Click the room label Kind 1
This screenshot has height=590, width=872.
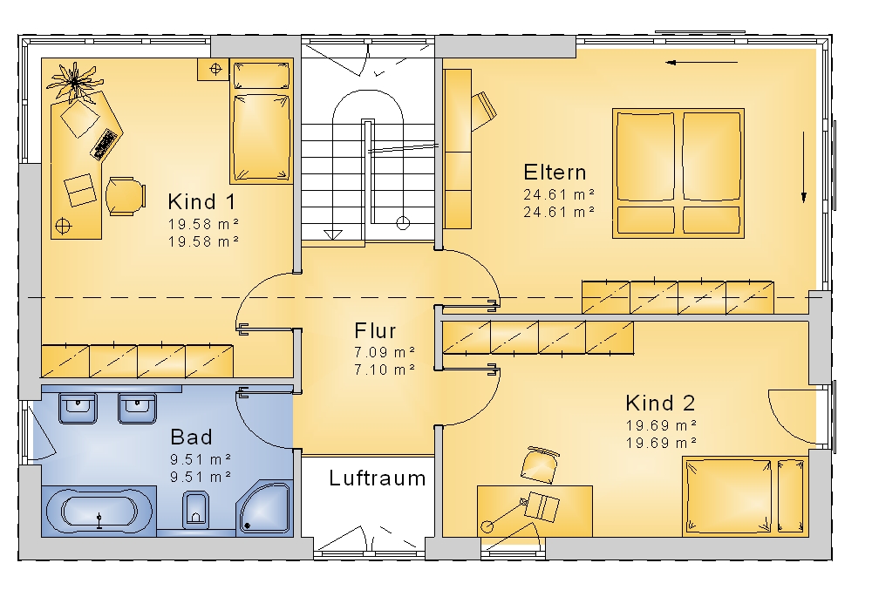pyautogui.click(x=201, y=201)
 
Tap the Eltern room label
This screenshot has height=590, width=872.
pyautogui.click(x=555, y=173)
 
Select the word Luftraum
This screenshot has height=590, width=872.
pyautogui.click(x=377, y=478)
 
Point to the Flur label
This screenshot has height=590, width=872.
pyautogui.click(x=375, y=331)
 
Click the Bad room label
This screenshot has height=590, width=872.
pyautogui.click(x=191, y=437)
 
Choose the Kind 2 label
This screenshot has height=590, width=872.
pyautogui.click(x=660, y=403)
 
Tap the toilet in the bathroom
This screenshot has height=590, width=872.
pyautogui.click(x=195, y=509)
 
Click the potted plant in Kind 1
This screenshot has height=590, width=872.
pyautogui.click(x=74, y=82)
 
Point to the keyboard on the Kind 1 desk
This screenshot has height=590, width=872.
pyautogui.click(x=106, y=145)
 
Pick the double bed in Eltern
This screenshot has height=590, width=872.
pyautogui.click(x=678, y=173)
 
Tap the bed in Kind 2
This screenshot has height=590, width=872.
pyautogui.click(x=746, y=497)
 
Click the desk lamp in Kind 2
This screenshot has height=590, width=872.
pyautogui.click(x=505, y=514)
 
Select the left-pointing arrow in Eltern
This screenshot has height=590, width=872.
pyautogui.click(x=702, y=63)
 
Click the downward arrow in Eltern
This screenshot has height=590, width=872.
pyautogui.click(x=804, y=166)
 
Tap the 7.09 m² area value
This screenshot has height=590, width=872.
pyautogui.click(x=385, y=352)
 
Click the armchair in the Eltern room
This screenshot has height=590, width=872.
pyautogui.click(x=483, y=110)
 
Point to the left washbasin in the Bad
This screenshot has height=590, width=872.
pyautogui.click(x=78, y=409)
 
